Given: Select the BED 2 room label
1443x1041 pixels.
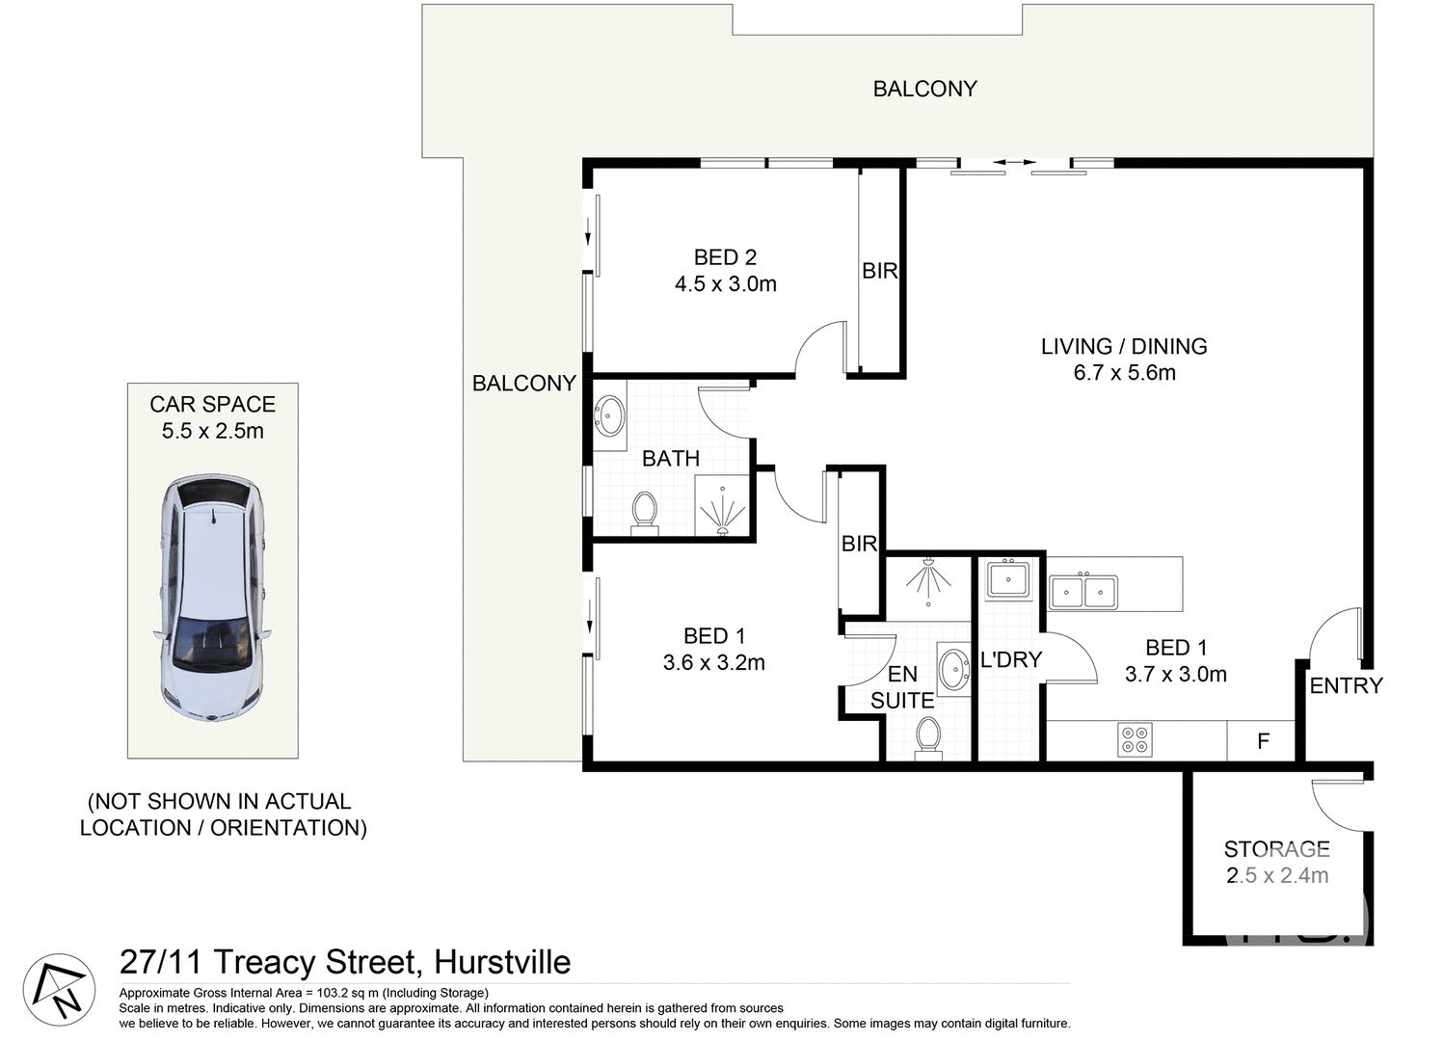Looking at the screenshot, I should point(725,257).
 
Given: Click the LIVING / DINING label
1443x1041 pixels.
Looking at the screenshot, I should point(1124,346).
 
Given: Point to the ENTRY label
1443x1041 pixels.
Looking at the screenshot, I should point(1346,685).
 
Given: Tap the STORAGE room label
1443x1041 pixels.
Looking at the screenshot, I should point(1276,849).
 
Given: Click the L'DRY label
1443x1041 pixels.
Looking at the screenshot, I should point(1011,660).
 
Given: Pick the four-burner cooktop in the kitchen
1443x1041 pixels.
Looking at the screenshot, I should point(1135,739).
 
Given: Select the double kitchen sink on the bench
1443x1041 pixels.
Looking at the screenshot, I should point(1083,591).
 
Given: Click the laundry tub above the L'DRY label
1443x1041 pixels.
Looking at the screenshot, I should point(1007,580).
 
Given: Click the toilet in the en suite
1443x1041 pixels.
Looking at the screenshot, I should point(929,736).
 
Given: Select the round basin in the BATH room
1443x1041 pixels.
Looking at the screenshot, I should point(609,415).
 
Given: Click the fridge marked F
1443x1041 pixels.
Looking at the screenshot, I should point(1262,741).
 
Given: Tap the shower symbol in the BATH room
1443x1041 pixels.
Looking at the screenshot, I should point(722,508).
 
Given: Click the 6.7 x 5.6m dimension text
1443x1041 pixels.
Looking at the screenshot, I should point(1124,373).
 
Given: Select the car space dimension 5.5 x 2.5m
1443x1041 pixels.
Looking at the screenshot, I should point(212,431).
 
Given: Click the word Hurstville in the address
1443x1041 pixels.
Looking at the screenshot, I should point(501,962).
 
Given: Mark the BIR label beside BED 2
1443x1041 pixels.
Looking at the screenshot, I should point(879,272).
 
